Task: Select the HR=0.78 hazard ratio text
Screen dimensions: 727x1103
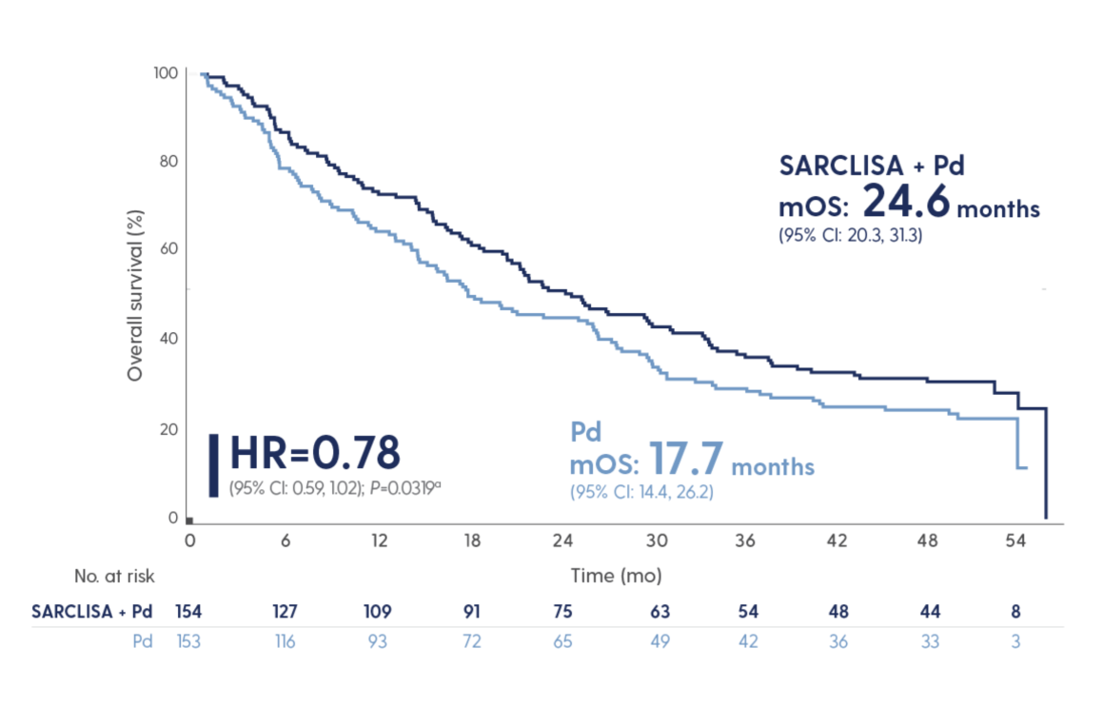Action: [x=315, y=454]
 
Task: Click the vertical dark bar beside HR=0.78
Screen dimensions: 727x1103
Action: [x=213, y=464]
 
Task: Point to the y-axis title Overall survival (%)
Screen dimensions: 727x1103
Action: [x=135, y=298]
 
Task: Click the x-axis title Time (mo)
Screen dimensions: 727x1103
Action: [x=616, y=576]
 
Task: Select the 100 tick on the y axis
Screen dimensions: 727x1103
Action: [x=165, y=72]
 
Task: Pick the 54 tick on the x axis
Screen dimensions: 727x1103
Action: [x=1016, y=540]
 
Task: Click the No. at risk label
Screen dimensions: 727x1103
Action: [x=114, y=576]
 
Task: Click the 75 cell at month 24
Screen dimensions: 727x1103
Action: [x=561, y=611]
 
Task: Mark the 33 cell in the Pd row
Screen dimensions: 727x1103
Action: [x=930, y=642]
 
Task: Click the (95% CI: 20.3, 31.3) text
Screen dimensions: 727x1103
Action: [x=850, y=235]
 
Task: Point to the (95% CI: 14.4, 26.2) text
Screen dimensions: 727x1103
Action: [x=641, y=492]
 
